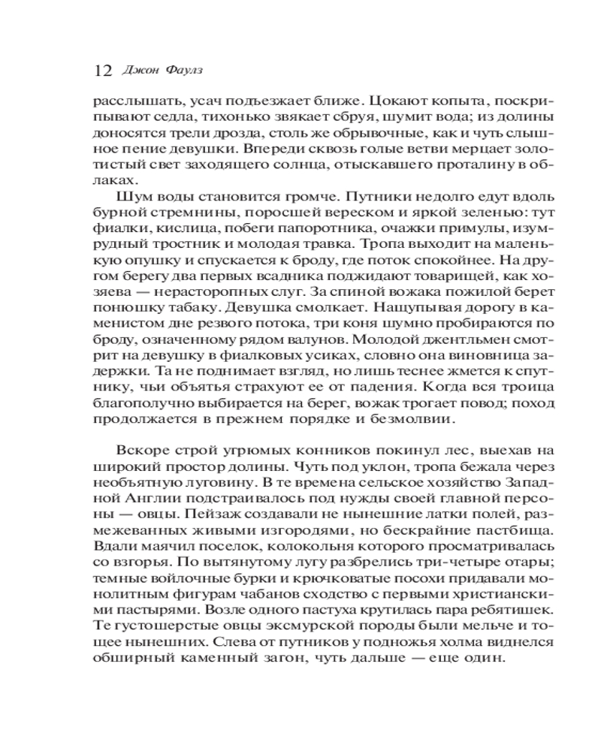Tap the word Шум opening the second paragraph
point(132,206)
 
